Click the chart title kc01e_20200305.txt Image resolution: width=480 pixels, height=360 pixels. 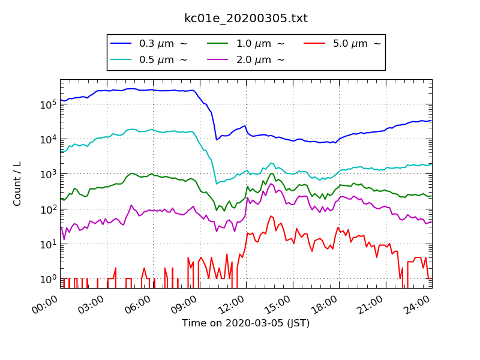[x=246, y=19]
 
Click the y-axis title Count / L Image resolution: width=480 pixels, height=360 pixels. [x=17, y=184]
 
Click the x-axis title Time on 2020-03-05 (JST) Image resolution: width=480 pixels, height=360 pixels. [x=246, y=323]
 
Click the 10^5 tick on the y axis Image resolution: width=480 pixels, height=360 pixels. [x=47, y=104]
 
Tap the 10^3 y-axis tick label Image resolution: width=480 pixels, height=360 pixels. [x=47, y=174]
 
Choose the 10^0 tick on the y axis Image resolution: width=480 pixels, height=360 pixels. [x=47, y=279]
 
